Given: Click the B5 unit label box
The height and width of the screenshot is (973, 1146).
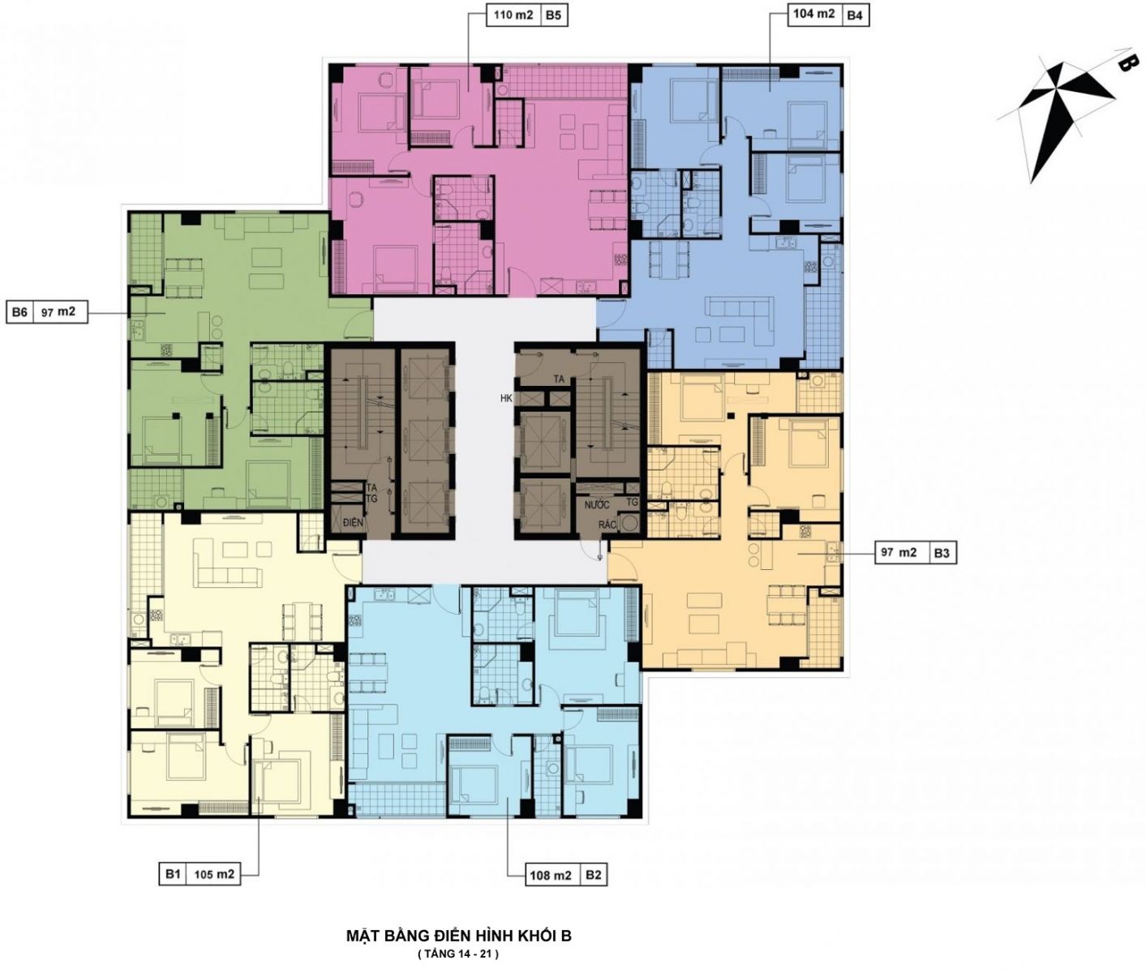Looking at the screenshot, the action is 553,15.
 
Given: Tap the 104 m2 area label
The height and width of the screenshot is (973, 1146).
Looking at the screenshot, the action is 813,15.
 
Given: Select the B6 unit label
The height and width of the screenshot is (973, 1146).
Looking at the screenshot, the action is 19,312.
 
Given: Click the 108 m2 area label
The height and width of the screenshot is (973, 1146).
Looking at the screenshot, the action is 551,876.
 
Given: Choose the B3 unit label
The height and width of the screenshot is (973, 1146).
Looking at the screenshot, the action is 942,553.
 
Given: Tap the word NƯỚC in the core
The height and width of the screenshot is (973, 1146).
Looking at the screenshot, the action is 597,505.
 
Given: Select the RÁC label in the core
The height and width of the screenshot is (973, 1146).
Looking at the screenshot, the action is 607,525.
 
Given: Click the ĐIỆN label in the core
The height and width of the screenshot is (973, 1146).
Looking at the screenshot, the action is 353,522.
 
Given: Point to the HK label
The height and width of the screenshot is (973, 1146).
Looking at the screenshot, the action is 506,398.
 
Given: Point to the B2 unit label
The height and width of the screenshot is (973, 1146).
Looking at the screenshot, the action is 593,876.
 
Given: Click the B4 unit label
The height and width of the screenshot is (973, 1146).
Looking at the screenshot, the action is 855,15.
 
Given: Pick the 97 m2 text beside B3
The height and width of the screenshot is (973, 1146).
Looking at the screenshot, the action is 899,553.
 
